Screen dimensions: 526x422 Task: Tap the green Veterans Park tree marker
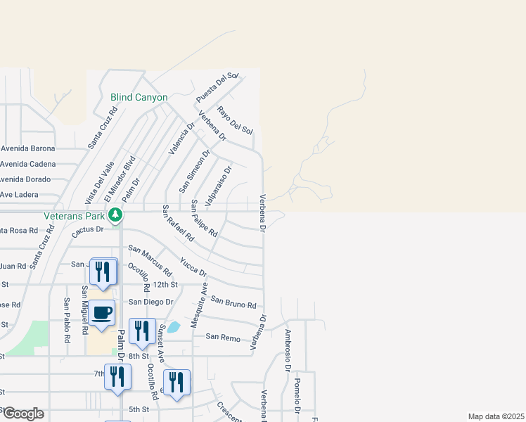tap(120, 215)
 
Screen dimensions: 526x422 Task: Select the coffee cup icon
tap(102, 312)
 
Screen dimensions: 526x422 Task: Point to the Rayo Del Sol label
tap(235, 120)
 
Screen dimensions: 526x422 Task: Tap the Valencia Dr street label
tap(181, 138)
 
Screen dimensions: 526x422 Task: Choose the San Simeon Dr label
tap(194, 171)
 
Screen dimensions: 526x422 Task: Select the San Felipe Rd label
tap(205, 218)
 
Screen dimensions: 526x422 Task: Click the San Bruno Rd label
tap(233, 302)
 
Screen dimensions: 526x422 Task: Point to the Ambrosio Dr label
tap(288, 350)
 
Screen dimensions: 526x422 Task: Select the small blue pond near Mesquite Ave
tap(174, 326)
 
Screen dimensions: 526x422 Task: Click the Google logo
tap(23, 414)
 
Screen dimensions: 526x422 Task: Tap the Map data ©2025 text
tap(496, 416)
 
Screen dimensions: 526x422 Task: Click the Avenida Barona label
tap(27, 148)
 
